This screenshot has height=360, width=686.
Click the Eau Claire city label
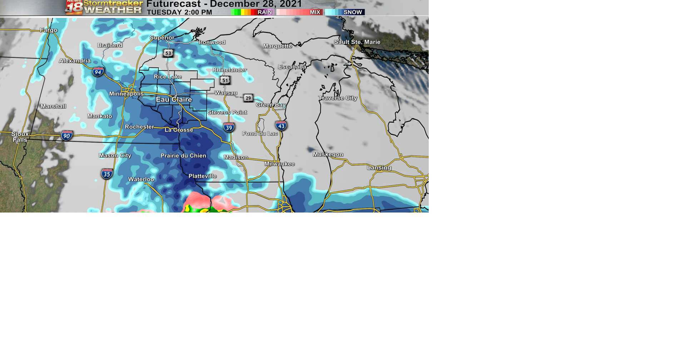click(174, 100)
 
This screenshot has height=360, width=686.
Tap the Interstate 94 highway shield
click(98, 72)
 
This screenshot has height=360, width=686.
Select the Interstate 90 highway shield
click(67, 136)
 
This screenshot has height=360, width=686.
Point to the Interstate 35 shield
click(107, 174)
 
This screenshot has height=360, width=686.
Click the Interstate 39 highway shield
click(229, 127)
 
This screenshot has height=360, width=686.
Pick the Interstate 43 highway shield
click(281, 126)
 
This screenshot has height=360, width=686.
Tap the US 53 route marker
click(168, 53)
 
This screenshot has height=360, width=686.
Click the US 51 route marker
click(225, 80)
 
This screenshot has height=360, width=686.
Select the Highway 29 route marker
click(248, 98)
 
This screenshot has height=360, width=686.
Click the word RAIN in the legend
click(265, 12)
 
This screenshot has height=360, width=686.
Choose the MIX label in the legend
click(315, 12)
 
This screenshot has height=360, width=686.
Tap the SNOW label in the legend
click(353, 12)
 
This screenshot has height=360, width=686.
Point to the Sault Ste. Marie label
click(357, 42)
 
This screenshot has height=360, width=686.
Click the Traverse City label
click(338, 98)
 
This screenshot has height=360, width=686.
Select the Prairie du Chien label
click(183, 156)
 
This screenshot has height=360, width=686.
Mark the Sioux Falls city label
click(20, 137)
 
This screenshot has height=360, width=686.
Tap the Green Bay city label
click(271, 105)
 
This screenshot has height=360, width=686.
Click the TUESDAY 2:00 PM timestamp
click(179, 12)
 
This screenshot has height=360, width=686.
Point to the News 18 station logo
click(74, 7)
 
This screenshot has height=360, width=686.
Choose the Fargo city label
click(49, 30)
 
